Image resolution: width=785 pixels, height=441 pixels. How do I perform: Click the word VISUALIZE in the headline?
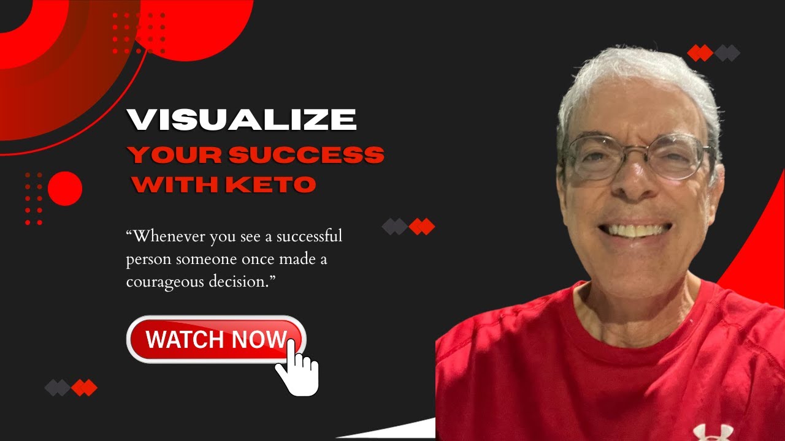(242, 119)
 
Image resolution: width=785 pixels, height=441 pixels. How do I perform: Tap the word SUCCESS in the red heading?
(307, 155)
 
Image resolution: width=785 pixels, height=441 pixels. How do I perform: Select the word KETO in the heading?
(271, 184)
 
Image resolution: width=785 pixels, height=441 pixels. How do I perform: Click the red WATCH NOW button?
(216, 339)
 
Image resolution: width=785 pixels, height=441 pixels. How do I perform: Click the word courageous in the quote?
(165, 282)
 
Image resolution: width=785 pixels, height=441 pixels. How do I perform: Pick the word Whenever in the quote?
(166, 236)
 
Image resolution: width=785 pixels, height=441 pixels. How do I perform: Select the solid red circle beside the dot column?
(65, 189)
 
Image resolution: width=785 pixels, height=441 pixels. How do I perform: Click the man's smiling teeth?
(634, 230)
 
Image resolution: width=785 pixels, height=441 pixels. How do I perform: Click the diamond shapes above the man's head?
(713, 53)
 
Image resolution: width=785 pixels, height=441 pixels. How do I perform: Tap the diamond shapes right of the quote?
(408, 227)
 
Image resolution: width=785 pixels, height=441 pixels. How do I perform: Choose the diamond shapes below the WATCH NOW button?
(71, 388)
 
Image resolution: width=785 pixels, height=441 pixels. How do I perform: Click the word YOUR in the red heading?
(175, 155)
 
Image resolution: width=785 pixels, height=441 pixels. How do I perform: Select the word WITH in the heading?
(175, 184)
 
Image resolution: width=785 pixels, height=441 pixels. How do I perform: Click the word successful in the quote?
(310, 236)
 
